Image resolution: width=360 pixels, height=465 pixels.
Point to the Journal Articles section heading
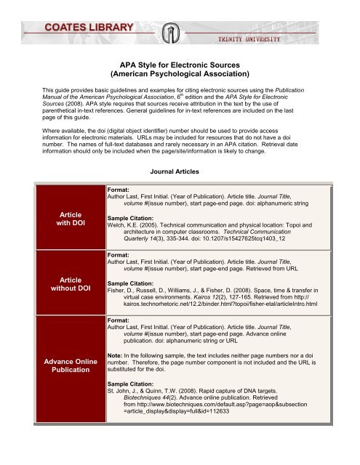coord(180,173)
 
